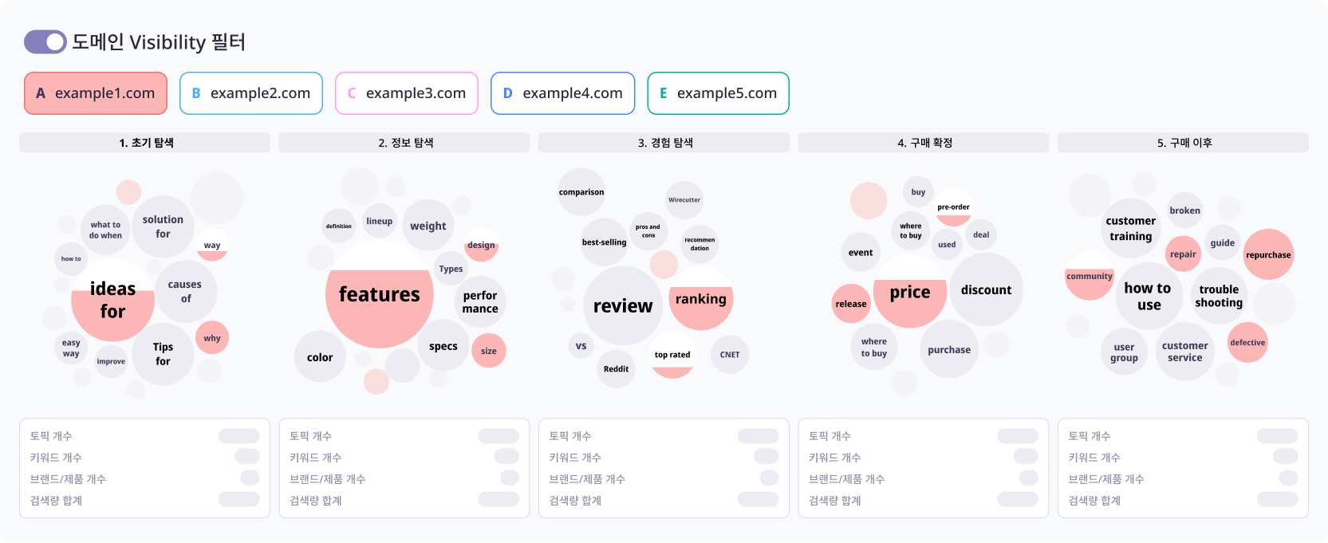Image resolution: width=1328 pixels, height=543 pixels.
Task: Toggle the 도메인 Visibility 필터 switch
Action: pos(45,42)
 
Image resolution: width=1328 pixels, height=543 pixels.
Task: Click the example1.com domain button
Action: pos(96,93)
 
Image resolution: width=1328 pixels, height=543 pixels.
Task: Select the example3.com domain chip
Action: pos(407,93)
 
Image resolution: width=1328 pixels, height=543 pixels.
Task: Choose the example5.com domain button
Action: pos(718,93)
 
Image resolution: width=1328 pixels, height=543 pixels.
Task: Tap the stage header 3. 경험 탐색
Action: pos(664,143)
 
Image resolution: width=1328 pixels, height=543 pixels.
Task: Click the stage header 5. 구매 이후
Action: pos(1184,143)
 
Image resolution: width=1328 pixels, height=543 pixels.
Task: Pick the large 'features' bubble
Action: pos(380,294)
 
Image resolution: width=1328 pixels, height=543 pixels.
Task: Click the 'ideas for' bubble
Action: pos(112,300)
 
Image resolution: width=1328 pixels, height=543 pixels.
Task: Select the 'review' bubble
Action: pos(623,306)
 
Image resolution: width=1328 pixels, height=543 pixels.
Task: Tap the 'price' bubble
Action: pos(910,292)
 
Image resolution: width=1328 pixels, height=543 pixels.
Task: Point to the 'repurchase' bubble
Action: pos(1268,255)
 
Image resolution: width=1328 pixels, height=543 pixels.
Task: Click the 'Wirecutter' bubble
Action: pos(684,200)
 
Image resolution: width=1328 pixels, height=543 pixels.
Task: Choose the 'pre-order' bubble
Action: pos(953,207)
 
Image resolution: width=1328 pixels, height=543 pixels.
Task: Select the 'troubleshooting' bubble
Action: pos(1219,296)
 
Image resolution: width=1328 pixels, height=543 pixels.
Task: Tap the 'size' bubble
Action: pos(488,351)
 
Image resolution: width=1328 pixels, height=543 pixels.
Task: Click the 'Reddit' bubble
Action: pos(616,368)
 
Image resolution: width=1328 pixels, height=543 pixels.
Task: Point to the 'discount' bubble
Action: pos(986,290)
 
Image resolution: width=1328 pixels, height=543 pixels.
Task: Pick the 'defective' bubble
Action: pos(1247,343)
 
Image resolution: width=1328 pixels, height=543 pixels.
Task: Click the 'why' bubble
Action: pos(211,338)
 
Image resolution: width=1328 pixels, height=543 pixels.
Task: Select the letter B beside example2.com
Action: pos(196,93)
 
